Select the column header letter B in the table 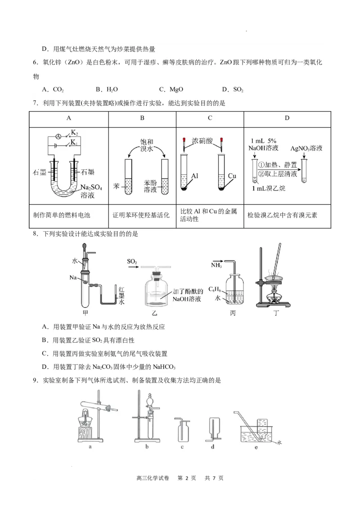point(142,118)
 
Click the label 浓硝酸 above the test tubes point(201,141)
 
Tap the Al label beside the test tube point(195,176)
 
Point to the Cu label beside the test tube point(232,176)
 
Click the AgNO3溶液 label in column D point(306,148)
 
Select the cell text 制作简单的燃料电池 point(62,215)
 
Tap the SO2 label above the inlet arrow point(132,261)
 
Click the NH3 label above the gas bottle point(216,266)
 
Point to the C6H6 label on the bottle point(214,289)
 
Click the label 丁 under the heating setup point(276,313)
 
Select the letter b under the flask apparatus point(147,447)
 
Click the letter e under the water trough point(256,447)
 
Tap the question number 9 point(35,380)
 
